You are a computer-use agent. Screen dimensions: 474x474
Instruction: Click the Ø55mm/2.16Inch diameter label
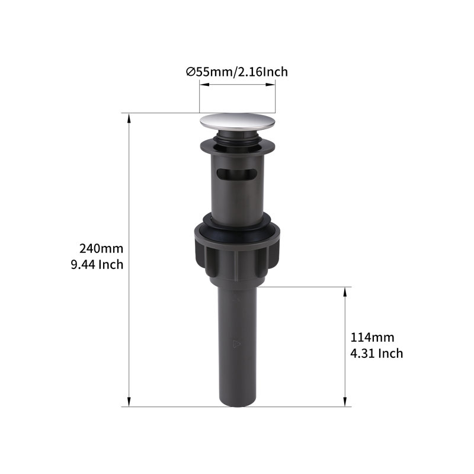(x=236, y=72)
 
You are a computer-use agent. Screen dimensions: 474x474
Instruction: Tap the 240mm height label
(x=101, y=249)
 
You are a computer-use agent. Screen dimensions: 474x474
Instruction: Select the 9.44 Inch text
(x=97, y=265)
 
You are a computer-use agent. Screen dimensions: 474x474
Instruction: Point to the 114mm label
(x=372, y=337)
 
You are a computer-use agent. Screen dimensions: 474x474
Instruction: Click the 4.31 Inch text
(x=377, y=353)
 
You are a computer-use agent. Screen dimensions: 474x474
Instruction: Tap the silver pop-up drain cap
(x=238, y=122)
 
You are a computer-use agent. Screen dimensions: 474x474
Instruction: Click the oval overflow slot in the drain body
(x=236, y=174)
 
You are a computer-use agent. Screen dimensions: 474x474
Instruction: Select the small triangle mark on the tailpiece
(x=236, y=344)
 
